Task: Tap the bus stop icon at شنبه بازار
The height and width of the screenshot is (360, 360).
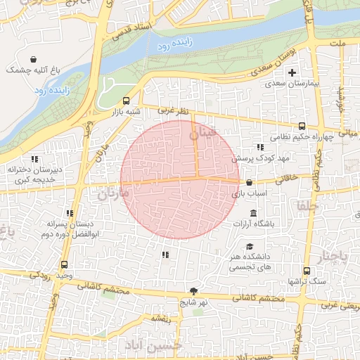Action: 127,101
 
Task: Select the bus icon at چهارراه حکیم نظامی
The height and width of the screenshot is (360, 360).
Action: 302,126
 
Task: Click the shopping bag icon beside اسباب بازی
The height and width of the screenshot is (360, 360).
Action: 250,182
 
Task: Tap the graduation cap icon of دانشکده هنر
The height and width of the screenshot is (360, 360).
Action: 250,246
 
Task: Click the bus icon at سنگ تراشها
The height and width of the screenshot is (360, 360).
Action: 306,271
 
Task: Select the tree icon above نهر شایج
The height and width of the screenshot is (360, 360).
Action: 193,291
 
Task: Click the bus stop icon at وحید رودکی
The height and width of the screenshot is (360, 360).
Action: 65,265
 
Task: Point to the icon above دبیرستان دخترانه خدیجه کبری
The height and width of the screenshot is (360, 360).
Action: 34,159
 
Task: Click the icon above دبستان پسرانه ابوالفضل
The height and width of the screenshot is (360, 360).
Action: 69,213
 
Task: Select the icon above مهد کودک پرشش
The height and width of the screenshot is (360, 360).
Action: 260,148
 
